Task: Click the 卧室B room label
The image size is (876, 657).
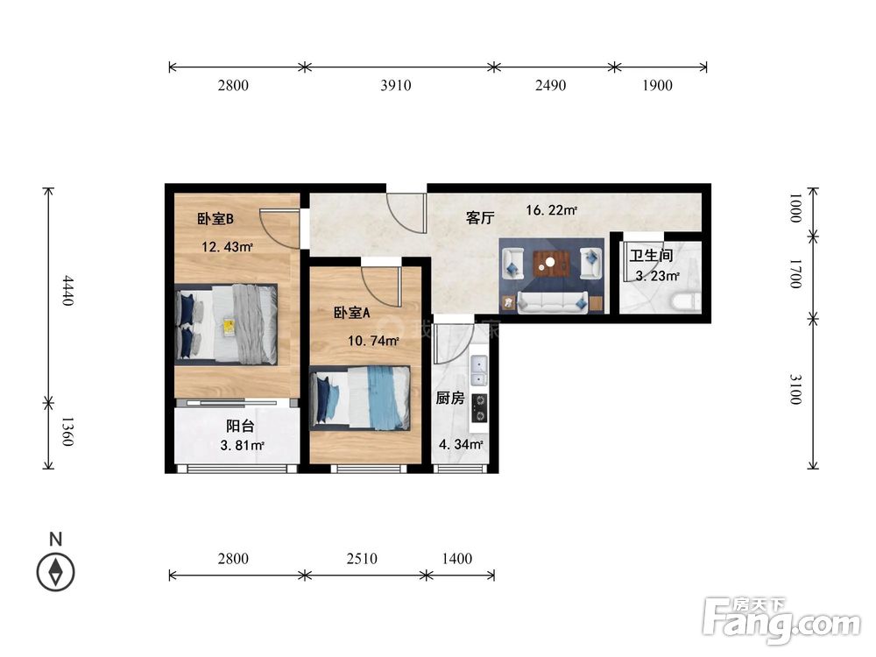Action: [x=215, y=220]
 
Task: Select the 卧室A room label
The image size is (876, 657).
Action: [x=351, y=313]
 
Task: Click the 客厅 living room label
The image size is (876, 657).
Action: [x=481, y=218]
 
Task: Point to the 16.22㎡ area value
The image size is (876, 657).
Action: [x=551, y=210]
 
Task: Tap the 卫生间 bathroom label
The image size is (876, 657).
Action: [x=652, y=256]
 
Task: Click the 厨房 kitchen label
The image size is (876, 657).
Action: [x=449, y=398]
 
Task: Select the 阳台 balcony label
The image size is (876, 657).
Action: [x=240, y=426]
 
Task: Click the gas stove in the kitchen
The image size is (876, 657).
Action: [x=479, y=407]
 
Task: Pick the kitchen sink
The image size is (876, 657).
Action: [x=478, y=371]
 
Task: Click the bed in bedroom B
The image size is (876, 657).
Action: [x=227, y=324]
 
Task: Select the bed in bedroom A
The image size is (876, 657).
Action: [x=361, y=398]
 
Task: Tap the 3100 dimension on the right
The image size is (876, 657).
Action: [x=795, y=390]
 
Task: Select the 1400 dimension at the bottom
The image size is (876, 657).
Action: [x=457, y=558]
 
